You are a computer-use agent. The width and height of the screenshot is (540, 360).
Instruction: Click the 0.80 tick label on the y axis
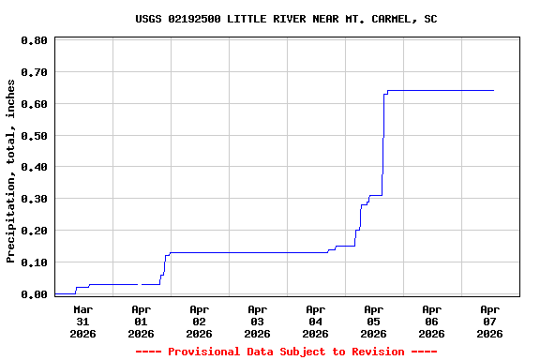[34, 40]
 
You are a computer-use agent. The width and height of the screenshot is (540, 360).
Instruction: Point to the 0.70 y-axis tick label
[34, 72]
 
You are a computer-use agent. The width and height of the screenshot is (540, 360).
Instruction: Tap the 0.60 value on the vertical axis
[34, 104]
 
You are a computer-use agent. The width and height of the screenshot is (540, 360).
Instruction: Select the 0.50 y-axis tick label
[34, 136]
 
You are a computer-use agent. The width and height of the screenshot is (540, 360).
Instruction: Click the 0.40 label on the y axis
[34, 168]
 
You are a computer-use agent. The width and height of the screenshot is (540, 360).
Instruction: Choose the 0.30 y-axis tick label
[34, 199]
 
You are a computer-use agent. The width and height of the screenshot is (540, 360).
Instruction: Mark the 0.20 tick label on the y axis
[34, 231]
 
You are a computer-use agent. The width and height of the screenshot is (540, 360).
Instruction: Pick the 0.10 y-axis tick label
[34, 262]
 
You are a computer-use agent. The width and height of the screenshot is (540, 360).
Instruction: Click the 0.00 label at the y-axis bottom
[34, 294]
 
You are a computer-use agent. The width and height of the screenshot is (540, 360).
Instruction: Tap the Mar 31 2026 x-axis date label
[83, 321]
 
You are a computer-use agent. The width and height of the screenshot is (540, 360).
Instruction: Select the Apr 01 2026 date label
[141, 321]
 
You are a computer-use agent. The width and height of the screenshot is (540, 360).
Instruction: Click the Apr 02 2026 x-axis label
[199, 321]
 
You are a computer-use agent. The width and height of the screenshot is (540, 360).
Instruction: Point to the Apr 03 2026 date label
[257, 321]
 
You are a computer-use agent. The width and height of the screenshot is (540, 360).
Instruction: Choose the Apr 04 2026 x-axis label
[315, 321]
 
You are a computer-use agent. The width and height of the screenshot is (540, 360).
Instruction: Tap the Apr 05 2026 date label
[373, 321]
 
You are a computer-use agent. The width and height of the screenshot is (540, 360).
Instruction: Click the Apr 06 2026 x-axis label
[431, 321]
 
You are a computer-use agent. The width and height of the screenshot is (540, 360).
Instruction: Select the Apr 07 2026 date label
[489, 321]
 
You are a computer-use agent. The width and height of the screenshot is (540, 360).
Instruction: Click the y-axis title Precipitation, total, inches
[11, 171]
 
